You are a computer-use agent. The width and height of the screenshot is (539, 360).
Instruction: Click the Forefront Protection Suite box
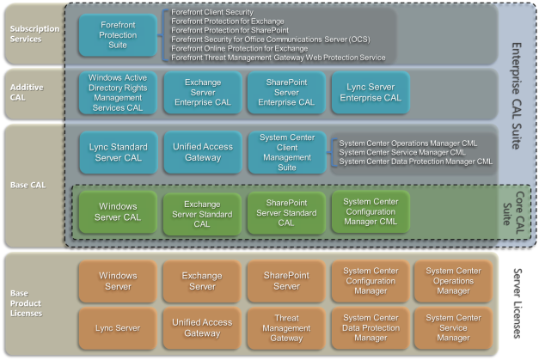click(118, 35)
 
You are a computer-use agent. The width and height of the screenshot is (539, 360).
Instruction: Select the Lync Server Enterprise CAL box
click(371, 93)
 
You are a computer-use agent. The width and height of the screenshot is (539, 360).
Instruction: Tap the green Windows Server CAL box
click(118, 212)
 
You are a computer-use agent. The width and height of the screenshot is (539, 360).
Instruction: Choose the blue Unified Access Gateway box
click(203, 152)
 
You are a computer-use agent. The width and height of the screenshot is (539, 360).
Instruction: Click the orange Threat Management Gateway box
click(286, 328)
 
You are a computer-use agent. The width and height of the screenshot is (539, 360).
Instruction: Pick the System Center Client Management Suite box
click(287, 152)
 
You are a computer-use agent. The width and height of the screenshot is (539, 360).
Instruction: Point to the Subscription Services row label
click(34, 34)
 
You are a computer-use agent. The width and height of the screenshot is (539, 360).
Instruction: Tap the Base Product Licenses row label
click(26, 303)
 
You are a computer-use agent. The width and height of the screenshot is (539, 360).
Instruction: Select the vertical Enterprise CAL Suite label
click(517, 96)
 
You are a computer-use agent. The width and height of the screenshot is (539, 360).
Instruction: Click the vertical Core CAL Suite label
click(513, 213)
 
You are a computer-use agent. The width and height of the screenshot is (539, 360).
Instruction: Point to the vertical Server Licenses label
click(517, 303)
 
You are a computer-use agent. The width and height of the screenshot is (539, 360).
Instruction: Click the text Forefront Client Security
click(212, 12)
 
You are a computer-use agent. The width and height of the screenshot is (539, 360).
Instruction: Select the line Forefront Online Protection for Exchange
click(240, 48)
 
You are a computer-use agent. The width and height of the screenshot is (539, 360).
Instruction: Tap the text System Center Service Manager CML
click(402, 152)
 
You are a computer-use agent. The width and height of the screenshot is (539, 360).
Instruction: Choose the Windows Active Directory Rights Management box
click(118, 93)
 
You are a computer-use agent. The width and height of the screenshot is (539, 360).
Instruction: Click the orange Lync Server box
click(118, 328)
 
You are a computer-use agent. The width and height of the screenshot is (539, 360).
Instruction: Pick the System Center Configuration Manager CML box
click(371, 212)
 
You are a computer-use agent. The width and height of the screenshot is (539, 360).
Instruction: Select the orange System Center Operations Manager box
click(453, 281)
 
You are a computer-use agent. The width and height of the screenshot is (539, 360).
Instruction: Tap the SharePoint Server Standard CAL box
click(286, 213)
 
